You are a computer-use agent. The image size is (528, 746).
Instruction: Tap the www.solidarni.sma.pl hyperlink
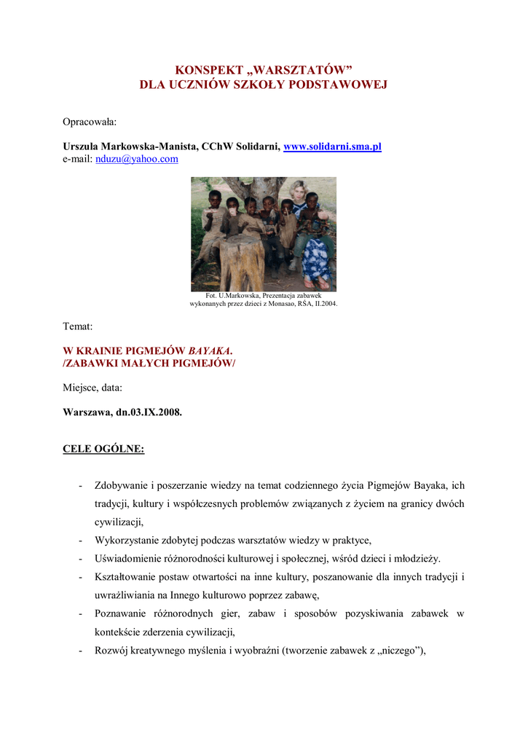332,146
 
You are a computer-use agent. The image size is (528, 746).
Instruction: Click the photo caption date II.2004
325,303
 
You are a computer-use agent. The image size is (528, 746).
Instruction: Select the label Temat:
78,326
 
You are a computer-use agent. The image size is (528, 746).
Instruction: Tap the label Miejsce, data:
92,387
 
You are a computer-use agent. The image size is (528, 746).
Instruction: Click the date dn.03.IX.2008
149,412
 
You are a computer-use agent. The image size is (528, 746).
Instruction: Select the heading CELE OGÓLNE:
103,448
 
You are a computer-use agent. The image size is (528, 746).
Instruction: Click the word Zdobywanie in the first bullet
122,486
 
